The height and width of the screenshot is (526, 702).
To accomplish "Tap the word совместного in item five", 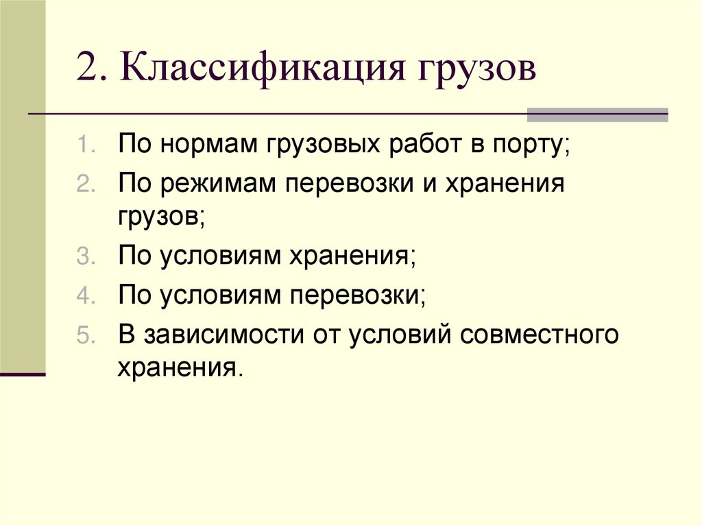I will click(x=541, y=337).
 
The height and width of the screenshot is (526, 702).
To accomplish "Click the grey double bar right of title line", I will click(x=597, y=115).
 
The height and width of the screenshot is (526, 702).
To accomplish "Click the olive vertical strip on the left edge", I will click(x=22, y=185).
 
